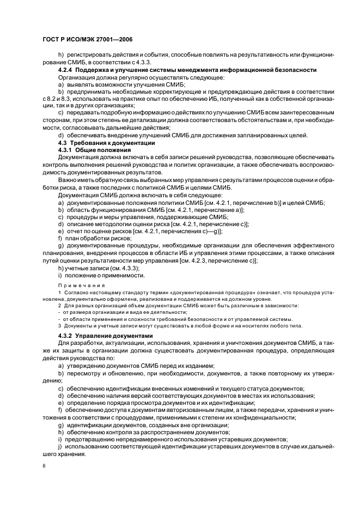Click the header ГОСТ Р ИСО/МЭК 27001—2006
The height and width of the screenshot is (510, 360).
87,40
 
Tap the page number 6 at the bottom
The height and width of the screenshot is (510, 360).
44,465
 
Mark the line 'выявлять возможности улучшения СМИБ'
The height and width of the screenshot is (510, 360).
125,84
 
